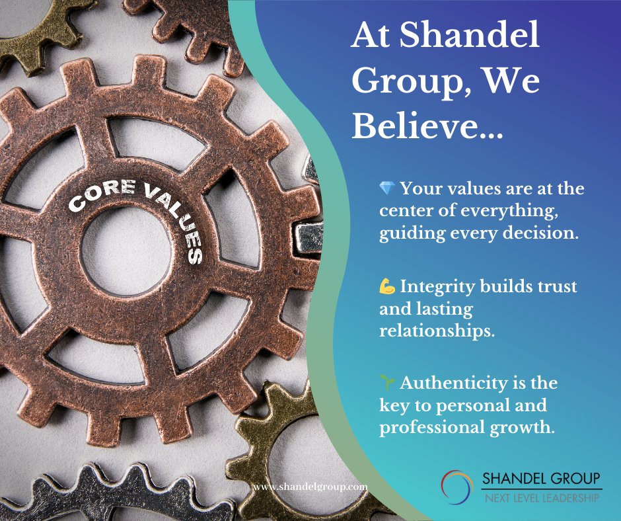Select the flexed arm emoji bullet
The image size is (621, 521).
tap(387, 287)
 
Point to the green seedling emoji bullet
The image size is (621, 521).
tap(387, 383)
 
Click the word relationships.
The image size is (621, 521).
tap(437, 330)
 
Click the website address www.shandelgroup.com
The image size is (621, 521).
tap(310, 487)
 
